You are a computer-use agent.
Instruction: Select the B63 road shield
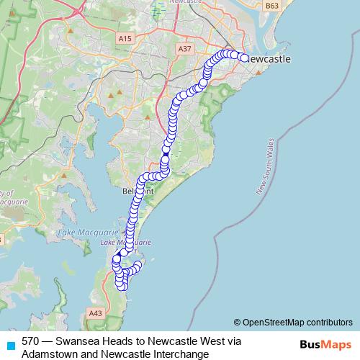click(271, 6)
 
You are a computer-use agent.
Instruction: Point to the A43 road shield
click(95, 312)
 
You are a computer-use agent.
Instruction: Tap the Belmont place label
click(138, 192)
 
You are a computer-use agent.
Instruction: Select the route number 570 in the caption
click(30, 341)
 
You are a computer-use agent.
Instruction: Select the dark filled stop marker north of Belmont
click(165, 154)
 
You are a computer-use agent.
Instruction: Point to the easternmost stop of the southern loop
click(138, 264)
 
